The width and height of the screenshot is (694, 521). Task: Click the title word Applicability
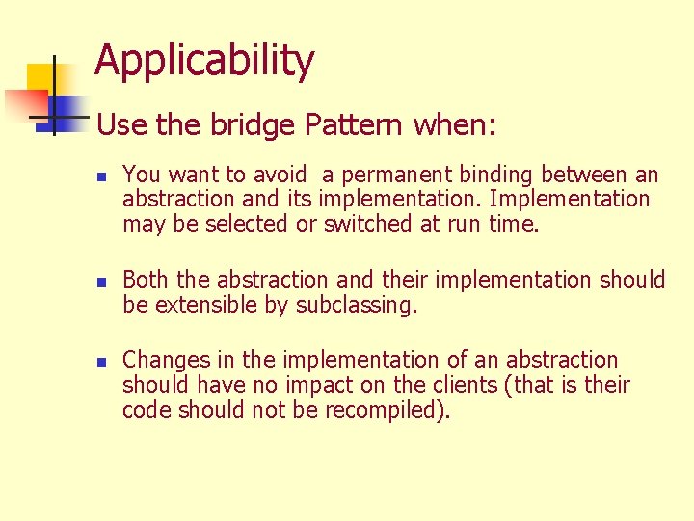click(204, 61)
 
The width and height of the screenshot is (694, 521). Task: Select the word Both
click(146, 280)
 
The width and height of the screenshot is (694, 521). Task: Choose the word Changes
click(160, 360)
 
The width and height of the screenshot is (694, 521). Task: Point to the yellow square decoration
click(41, 77)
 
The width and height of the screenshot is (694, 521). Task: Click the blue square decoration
click(65, 112)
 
